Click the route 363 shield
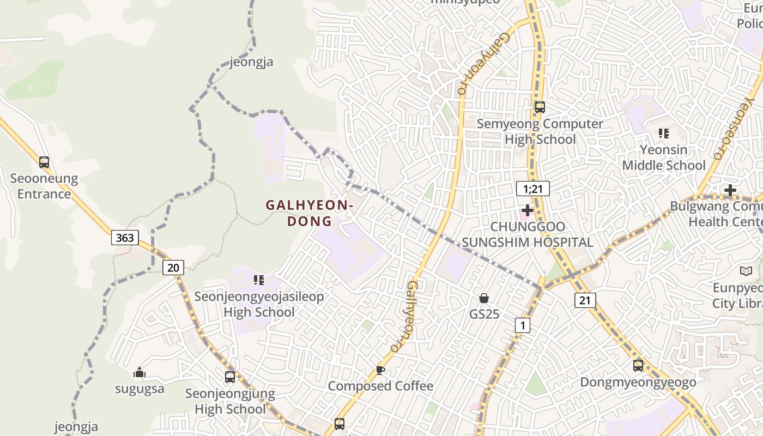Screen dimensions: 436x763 coord(125,238)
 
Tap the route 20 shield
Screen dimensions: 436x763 coord(173,267)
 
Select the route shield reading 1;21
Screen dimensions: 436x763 coord(532,189)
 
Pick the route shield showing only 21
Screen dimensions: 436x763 coord(585,300)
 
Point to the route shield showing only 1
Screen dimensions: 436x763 coord(522,326)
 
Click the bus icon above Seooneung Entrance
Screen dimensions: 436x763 coord(44,162)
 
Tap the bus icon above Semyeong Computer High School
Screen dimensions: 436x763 coord(540,107)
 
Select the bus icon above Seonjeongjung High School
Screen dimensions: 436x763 coord(230,377)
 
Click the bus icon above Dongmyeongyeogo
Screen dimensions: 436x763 coord(638,366)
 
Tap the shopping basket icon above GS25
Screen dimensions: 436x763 coord(483,298)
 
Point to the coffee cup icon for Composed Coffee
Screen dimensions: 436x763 coord(380,371)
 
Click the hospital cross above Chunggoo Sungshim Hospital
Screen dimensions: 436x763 coord(527,210)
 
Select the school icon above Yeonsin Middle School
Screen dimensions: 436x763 coord(663,133)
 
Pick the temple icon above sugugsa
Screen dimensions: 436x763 coord(140,373)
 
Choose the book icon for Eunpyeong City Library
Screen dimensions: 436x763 coord(746,271)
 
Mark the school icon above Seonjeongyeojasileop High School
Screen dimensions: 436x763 coord(259,280)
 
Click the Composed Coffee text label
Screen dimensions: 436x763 coord(380,386)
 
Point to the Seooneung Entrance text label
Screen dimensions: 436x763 coord(44,186)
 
